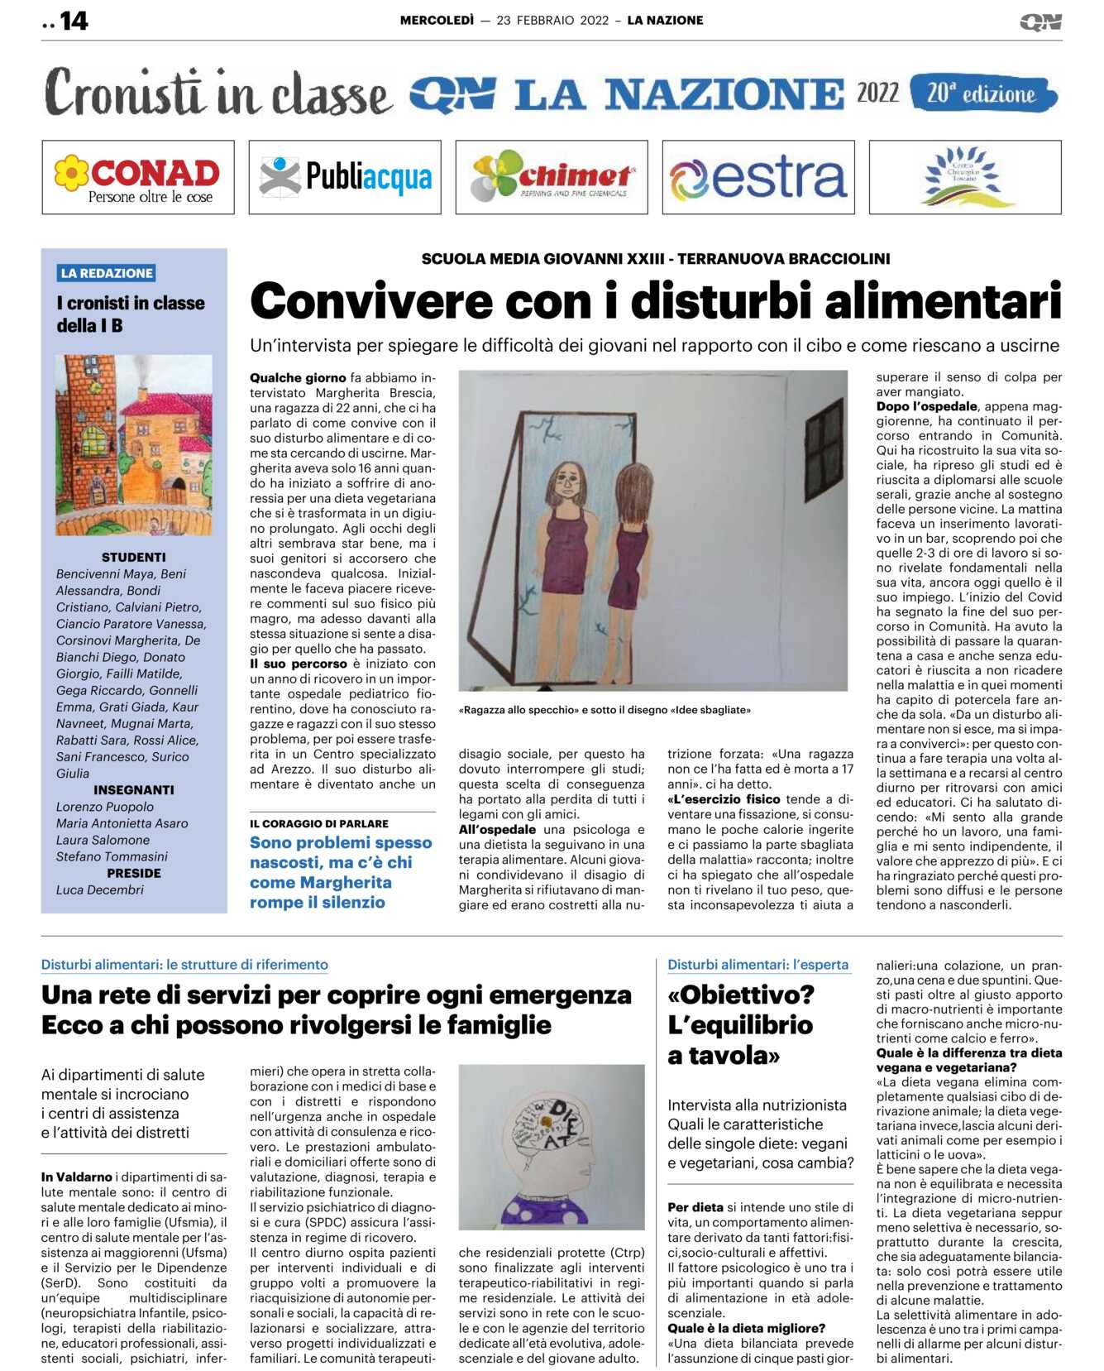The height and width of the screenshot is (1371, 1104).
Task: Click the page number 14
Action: pos(73,21)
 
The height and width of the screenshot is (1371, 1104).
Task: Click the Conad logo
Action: pos(138,177)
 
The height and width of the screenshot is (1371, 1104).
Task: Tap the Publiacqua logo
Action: pos(345,177)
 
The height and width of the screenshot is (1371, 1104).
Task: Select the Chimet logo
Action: pos(552,177)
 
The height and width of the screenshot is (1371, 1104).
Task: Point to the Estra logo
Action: pos(758,177)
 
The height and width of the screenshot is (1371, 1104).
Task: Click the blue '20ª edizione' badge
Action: pos(982,93)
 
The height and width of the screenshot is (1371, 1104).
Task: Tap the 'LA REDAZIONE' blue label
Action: pos(107,273)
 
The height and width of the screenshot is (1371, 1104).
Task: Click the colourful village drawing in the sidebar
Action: pos(133,445)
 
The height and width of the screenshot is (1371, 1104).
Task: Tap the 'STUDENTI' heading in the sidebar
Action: pos(133,558)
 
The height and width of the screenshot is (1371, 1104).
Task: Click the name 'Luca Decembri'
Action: pos(100,889)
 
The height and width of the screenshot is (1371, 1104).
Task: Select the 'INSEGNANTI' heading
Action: pos(133,790)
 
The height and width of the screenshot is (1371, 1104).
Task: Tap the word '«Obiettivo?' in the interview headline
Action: pos(741,995)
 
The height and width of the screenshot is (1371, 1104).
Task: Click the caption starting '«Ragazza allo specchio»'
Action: pos(605,710)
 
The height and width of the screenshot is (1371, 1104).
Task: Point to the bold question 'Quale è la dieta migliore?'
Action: pos(746,1328)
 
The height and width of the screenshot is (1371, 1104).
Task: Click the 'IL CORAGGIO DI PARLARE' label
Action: pos(319,823)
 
